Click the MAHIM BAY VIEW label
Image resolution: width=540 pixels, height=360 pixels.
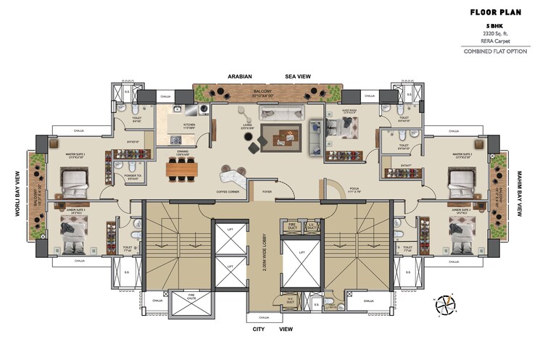(x=520, y=195)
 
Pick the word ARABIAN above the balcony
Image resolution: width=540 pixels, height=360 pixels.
(x=240, y=75)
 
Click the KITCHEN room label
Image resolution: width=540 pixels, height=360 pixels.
(x=189, y=125)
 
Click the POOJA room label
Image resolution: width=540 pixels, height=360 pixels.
(x=334, y=191)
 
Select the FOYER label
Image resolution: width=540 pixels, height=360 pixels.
(x=267, y=192)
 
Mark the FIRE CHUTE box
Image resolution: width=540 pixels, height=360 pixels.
(x=191, y=296)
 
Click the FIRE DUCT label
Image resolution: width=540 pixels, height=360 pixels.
(x=292, y=226)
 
